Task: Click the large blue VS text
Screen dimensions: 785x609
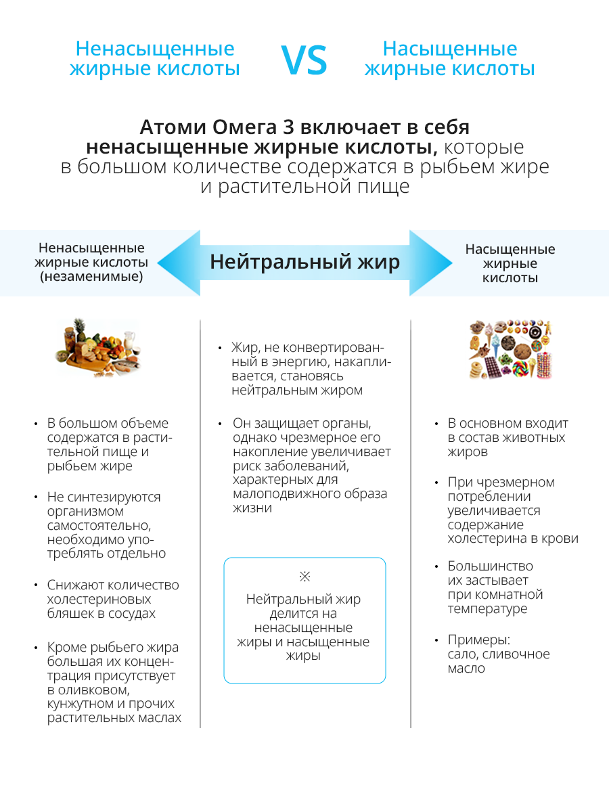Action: (x=304, y=60)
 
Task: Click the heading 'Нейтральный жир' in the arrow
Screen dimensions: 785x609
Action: (x=304, y=262)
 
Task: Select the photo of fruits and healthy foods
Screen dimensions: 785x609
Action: (x=99, y=349)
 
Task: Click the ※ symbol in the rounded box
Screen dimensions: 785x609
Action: (x=304, y=577)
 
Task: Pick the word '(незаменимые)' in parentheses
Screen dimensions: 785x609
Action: (x=91, y=277)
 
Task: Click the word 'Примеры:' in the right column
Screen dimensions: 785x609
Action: (x=478, y=640)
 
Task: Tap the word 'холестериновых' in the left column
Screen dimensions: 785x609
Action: (x=99, y=600)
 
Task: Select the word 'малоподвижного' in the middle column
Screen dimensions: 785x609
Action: (x=281, y=494)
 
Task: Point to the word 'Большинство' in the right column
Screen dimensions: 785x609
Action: (x=490, y=566)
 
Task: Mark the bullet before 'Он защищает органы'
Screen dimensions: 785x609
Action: (x=220, y=424)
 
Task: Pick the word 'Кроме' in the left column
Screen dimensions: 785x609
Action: (x=66, y=647)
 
